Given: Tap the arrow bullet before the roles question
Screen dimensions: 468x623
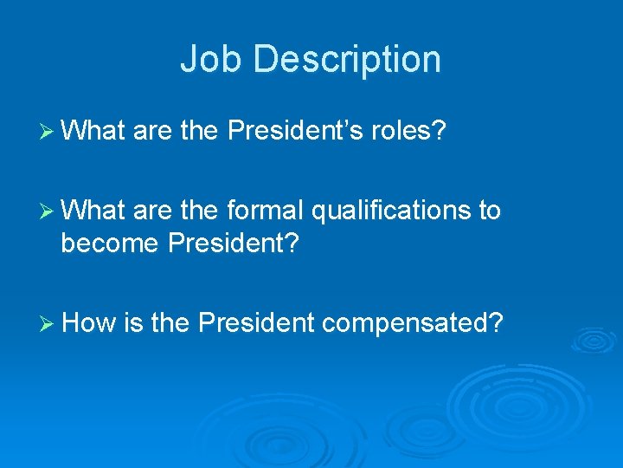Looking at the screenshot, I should point(48,131).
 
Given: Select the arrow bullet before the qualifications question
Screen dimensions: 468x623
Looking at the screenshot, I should point(48,211).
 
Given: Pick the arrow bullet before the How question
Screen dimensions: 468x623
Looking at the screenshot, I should point(48,323).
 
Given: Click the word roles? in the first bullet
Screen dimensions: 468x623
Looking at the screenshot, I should point(407,131).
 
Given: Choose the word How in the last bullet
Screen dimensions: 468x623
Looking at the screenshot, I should point(90,323).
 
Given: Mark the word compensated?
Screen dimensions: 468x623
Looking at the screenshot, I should point(413,323).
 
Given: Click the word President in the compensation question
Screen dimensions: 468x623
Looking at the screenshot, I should point(255,323).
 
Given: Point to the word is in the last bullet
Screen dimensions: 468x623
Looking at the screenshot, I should point(133,323).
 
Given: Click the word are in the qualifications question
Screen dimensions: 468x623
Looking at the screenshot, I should point(152,211).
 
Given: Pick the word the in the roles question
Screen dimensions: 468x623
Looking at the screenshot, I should point(200,131).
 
